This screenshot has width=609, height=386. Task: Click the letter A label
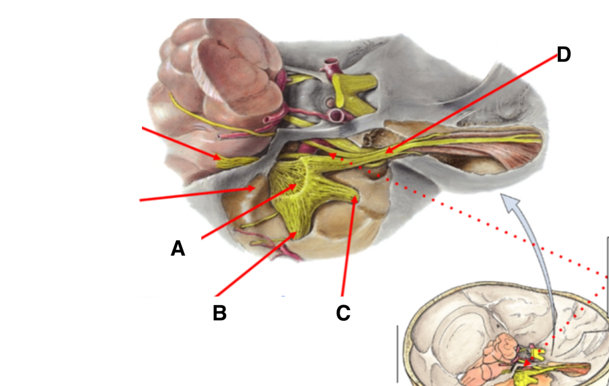click(178, 249)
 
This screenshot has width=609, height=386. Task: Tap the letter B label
click(220, 313)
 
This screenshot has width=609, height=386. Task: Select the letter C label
click(343, 313)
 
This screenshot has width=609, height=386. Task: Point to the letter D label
click(564, 55)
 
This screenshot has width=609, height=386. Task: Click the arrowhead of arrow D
click(386, 152)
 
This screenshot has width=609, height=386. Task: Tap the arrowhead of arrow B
click(296, 233)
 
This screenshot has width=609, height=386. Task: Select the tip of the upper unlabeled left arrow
click(220, 158)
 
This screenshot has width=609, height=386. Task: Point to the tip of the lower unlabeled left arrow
click(254, 188)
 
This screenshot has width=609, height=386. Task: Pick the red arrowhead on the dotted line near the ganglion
click(333, 156)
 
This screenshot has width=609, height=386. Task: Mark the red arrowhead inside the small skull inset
click(528, 363)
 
